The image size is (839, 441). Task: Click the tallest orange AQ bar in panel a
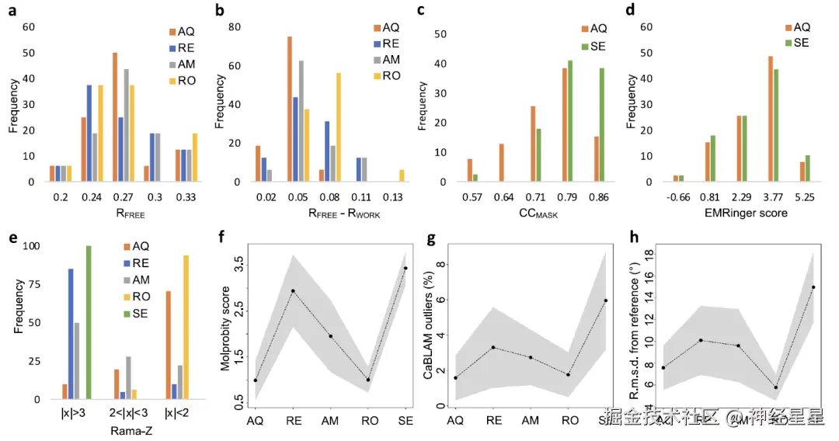(115, 117)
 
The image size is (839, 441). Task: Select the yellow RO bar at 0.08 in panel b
(338, 127)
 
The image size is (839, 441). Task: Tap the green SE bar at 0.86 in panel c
(601, 125)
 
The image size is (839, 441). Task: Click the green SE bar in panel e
(88, 322)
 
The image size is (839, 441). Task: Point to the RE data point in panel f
(292, 291)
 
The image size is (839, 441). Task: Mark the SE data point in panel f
(404, 269)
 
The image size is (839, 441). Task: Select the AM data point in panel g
(531, 357)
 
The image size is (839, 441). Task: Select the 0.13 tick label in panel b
(400, 198)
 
